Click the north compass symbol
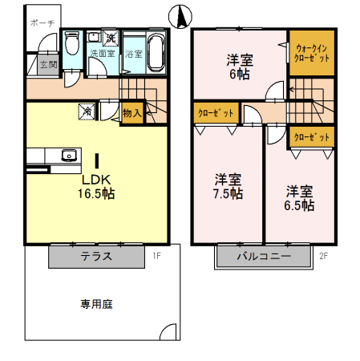coord(180,15)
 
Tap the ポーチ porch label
coord(42,24)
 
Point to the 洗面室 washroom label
coord(102,55)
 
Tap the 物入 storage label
coord(131,114)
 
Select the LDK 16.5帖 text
coord(96,186)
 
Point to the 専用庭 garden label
coord(95,304)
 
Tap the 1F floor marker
coord(157,257)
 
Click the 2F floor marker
coord(324,257)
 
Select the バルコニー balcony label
coord(262,257)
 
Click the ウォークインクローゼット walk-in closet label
coord(310,54)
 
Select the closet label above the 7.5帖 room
coord(216,113)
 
